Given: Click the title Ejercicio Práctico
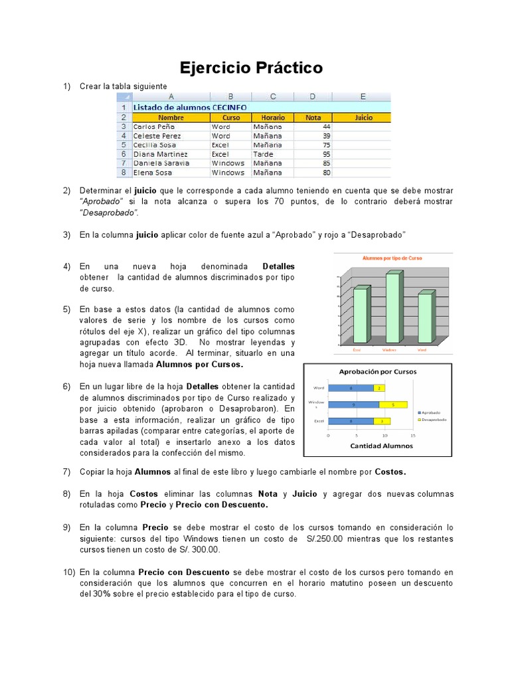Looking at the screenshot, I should tap(252, 68).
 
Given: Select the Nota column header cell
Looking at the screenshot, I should tap(313, 118).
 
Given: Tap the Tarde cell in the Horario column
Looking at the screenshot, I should tap(262, 153).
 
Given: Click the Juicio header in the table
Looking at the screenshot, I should tap(363, 118).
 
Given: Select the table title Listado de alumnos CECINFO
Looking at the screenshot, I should tap(190, 107).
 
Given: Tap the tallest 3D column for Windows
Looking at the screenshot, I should tap(392, 307).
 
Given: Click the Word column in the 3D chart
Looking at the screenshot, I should tap(424, 319).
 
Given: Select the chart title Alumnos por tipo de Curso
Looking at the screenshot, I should tap(392, 258).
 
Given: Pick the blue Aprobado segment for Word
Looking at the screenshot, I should tap(351, 388).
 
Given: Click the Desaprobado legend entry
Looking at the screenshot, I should tap(432, 420).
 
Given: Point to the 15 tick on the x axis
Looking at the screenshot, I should tap(413, 436).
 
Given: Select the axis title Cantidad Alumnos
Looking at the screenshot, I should tap(381, 446).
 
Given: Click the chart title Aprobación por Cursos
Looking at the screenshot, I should tap(378, 372).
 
